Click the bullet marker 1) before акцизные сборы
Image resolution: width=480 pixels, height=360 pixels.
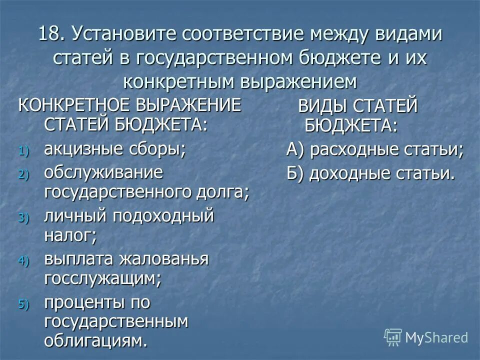[x=25, y=151]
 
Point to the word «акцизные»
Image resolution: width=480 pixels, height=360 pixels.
[x=80, y=149]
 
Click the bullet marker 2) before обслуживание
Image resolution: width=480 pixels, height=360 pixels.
[x=25, y=174]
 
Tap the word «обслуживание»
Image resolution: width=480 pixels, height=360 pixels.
[x=103, y=173]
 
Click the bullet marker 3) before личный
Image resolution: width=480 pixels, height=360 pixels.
[x=25, y=218]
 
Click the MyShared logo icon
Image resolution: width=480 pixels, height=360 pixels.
[x=392, y=336]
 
